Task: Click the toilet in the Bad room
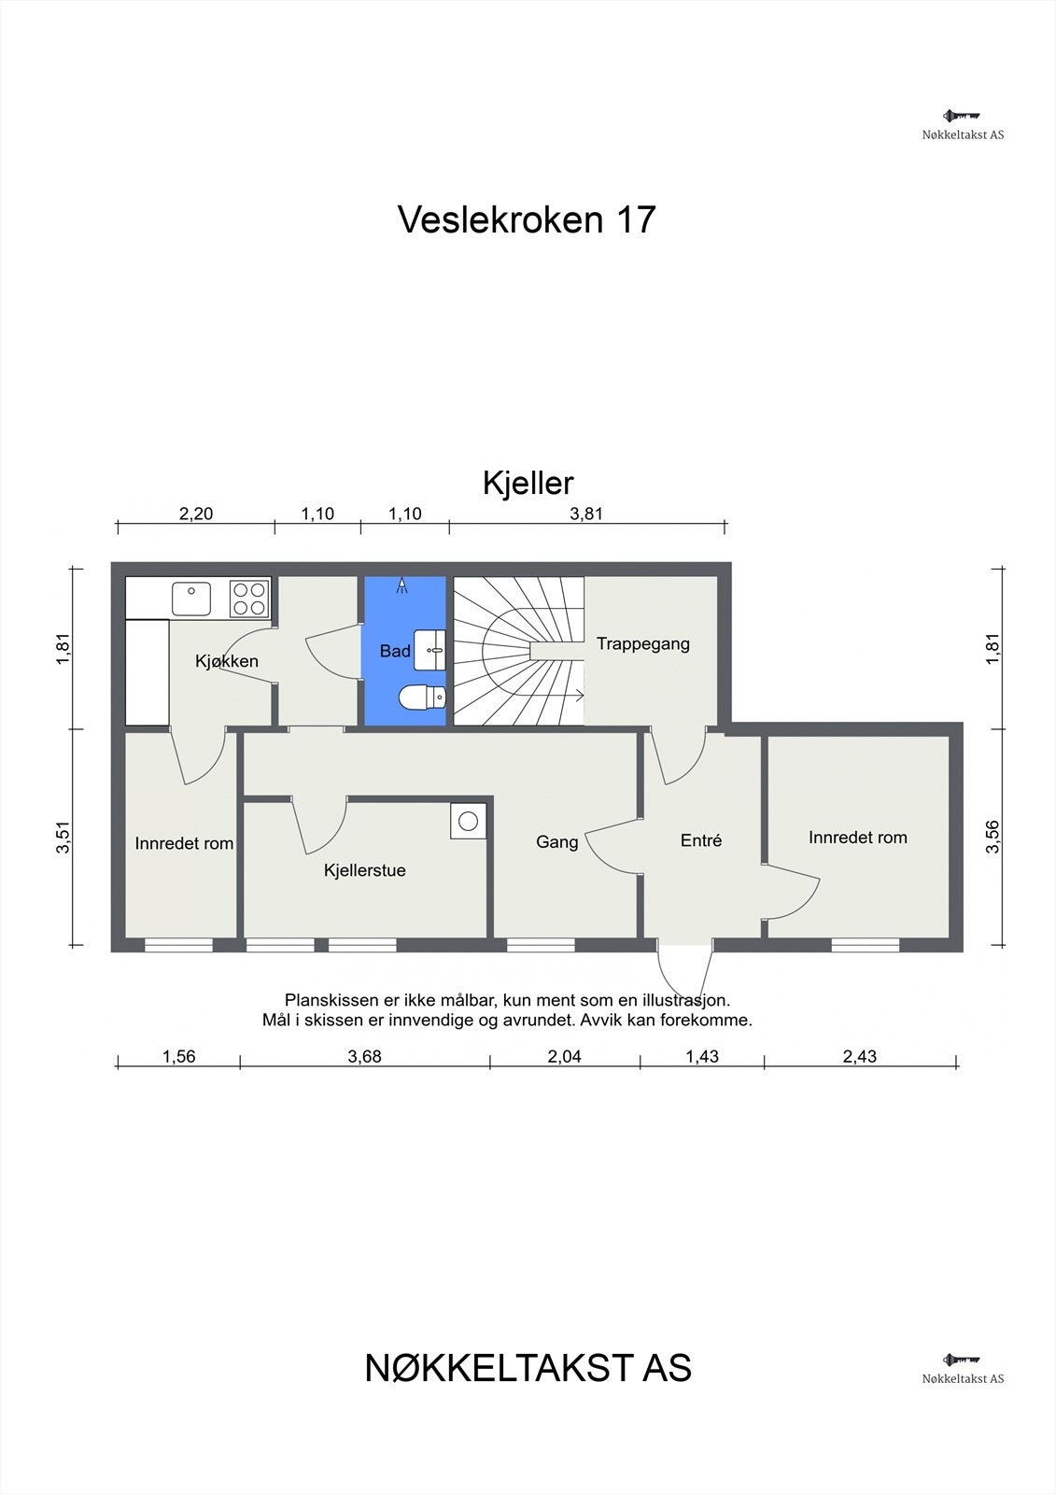pos(422,697)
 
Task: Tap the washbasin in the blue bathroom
pos(432,648)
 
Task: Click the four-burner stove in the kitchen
pos(249,598)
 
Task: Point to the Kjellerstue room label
pos(364,870)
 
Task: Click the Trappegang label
pos(642,643)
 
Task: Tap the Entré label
pos(700,840)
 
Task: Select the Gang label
pos(556,842)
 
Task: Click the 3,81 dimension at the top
pos(586,514)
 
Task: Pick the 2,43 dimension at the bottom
pos(859,1057)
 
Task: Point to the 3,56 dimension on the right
pos(993,836)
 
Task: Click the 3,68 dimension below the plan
pos(364,1057)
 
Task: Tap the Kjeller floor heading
pos(528,483)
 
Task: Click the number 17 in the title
pos(635,219)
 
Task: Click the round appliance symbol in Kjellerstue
pos(469,821)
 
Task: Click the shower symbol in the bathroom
pos(402,585)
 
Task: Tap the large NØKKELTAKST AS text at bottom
pos(528,1368)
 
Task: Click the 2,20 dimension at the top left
pos(196,514)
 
